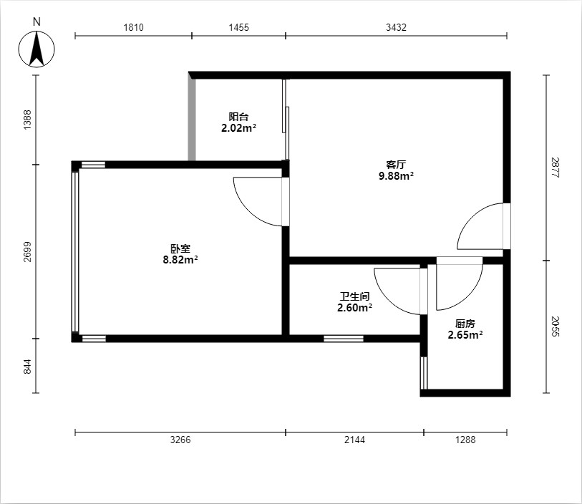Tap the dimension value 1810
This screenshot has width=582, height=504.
pos(133,27)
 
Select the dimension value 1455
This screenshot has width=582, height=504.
pos(238,27)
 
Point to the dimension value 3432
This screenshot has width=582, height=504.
pos(396,27)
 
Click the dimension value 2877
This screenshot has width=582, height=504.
pos(555,168)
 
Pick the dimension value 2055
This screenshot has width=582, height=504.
pos(555,326)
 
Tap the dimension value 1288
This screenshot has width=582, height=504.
pos(465,440)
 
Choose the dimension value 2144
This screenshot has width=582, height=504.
pos(354,440)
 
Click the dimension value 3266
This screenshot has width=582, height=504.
pos(180,440)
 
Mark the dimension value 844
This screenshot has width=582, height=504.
pos(27,366)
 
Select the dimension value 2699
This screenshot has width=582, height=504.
pos(27,251)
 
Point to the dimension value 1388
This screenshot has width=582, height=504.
pos(27,120)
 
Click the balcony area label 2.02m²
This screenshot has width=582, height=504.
pos(238,128)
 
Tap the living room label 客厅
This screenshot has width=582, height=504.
pos(396,165)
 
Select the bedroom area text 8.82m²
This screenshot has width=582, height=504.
pos(180,259)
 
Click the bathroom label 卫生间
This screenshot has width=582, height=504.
pos(354,296)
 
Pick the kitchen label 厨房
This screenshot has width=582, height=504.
pos(465,324)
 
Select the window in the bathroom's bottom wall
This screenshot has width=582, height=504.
pos(344,339)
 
